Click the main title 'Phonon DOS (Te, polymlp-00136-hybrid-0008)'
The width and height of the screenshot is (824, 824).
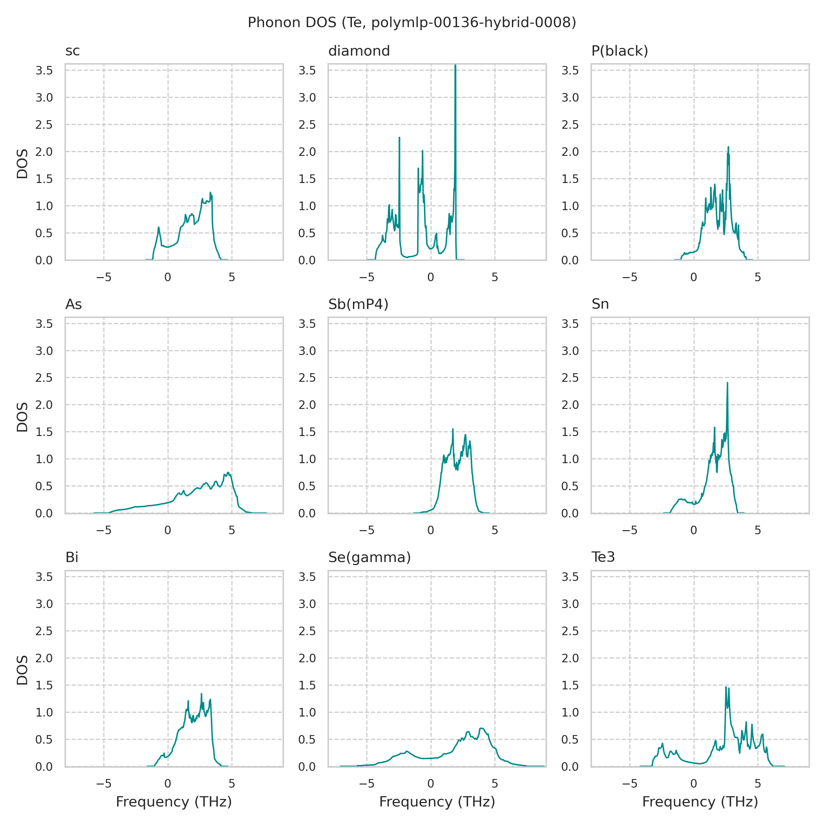tap(412, 23)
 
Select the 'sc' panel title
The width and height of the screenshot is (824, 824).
tap(72, 51)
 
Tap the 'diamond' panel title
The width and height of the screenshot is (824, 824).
tap(359, 51)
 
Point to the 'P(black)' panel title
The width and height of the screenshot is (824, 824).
tap(619, 51)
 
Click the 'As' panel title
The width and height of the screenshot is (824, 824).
tap(73, 305)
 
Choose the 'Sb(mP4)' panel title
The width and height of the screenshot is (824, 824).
tap(358, 305)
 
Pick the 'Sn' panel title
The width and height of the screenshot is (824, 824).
tap(600, 305)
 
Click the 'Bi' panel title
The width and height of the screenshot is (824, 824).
tap(72, 558)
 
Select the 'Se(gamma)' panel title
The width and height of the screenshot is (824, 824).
tap(369, 558)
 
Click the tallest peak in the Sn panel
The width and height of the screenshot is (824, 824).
tap(727, 383)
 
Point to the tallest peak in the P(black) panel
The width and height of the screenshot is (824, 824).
tap(728, 147)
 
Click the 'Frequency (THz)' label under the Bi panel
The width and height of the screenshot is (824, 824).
tap(174, 802)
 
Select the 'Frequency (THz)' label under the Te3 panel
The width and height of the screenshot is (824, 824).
tap(700, 802)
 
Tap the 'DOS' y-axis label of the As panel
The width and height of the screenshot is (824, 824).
tap(22, 417)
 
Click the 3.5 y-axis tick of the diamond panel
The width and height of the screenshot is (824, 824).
tap(307, 70)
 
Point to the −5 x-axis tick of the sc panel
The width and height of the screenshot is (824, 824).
tap(104, 278)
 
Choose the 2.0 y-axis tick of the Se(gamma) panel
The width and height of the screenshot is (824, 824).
tap(307, 658)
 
